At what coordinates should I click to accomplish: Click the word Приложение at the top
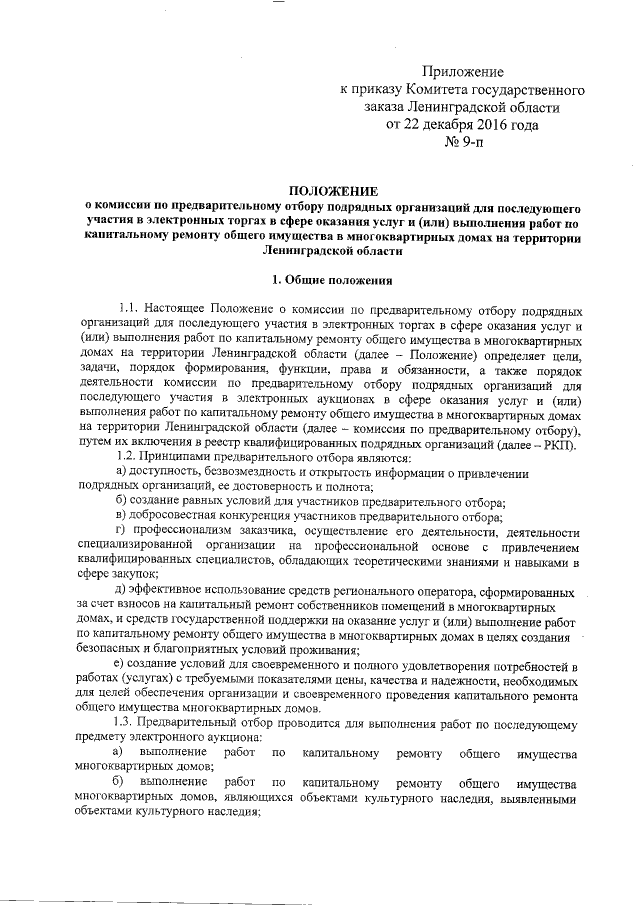click(462, 71)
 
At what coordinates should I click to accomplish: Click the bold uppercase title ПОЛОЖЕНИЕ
click(333, 189)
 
